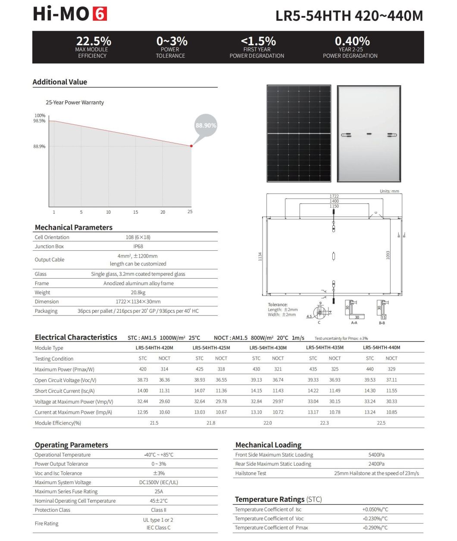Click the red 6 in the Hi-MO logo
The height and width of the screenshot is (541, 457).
(x=100, y=14)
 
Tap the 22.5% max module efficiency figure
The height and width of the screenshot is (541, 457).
(x=94, y=41)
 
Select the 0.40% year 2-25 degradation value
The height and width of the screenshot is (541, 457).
(x=352, y=41)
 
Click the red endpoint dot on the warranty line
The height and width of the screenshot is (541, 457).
(x=191, y=146)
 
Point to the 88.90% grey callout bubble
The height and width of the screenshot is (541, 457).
(x=206, y=125)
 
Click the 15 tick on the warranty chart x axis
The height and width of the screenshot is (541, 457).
(x=135, y=212)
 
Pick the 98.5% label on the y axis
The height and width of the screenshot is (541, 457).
(x=39, y=121)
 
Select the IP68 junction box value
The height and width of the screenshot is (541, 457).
(x=138, y=246)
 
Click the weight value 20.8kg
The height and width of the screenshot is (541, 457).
(x=138, y=292)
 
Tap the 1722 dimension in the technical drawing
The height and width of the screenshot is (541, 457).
(x=334, y=196)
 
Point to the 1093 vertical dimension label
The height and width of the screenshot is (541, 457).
(x=388, y=255)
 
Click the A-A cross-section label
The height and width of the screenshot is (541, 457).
(x=354, y=323)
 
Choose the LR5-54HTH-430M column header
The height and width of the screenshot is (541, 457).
(x=268, y=348)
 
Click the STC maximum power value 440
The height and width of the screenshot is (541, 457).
(x=370, y=369)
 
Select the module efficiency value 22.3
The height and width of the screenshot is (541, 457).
(x=324, y=423)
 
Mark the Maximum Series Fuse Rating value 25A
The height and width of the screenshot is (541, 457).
(x=159, y=491)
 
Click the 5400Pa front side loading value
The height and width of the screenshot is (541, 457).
(x=376, y=455)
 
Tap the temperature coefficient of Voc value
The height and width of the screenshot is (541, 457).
(x=375, y=519)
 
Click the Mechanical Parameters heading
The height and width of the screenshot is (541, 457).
(x=74, y=227)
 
